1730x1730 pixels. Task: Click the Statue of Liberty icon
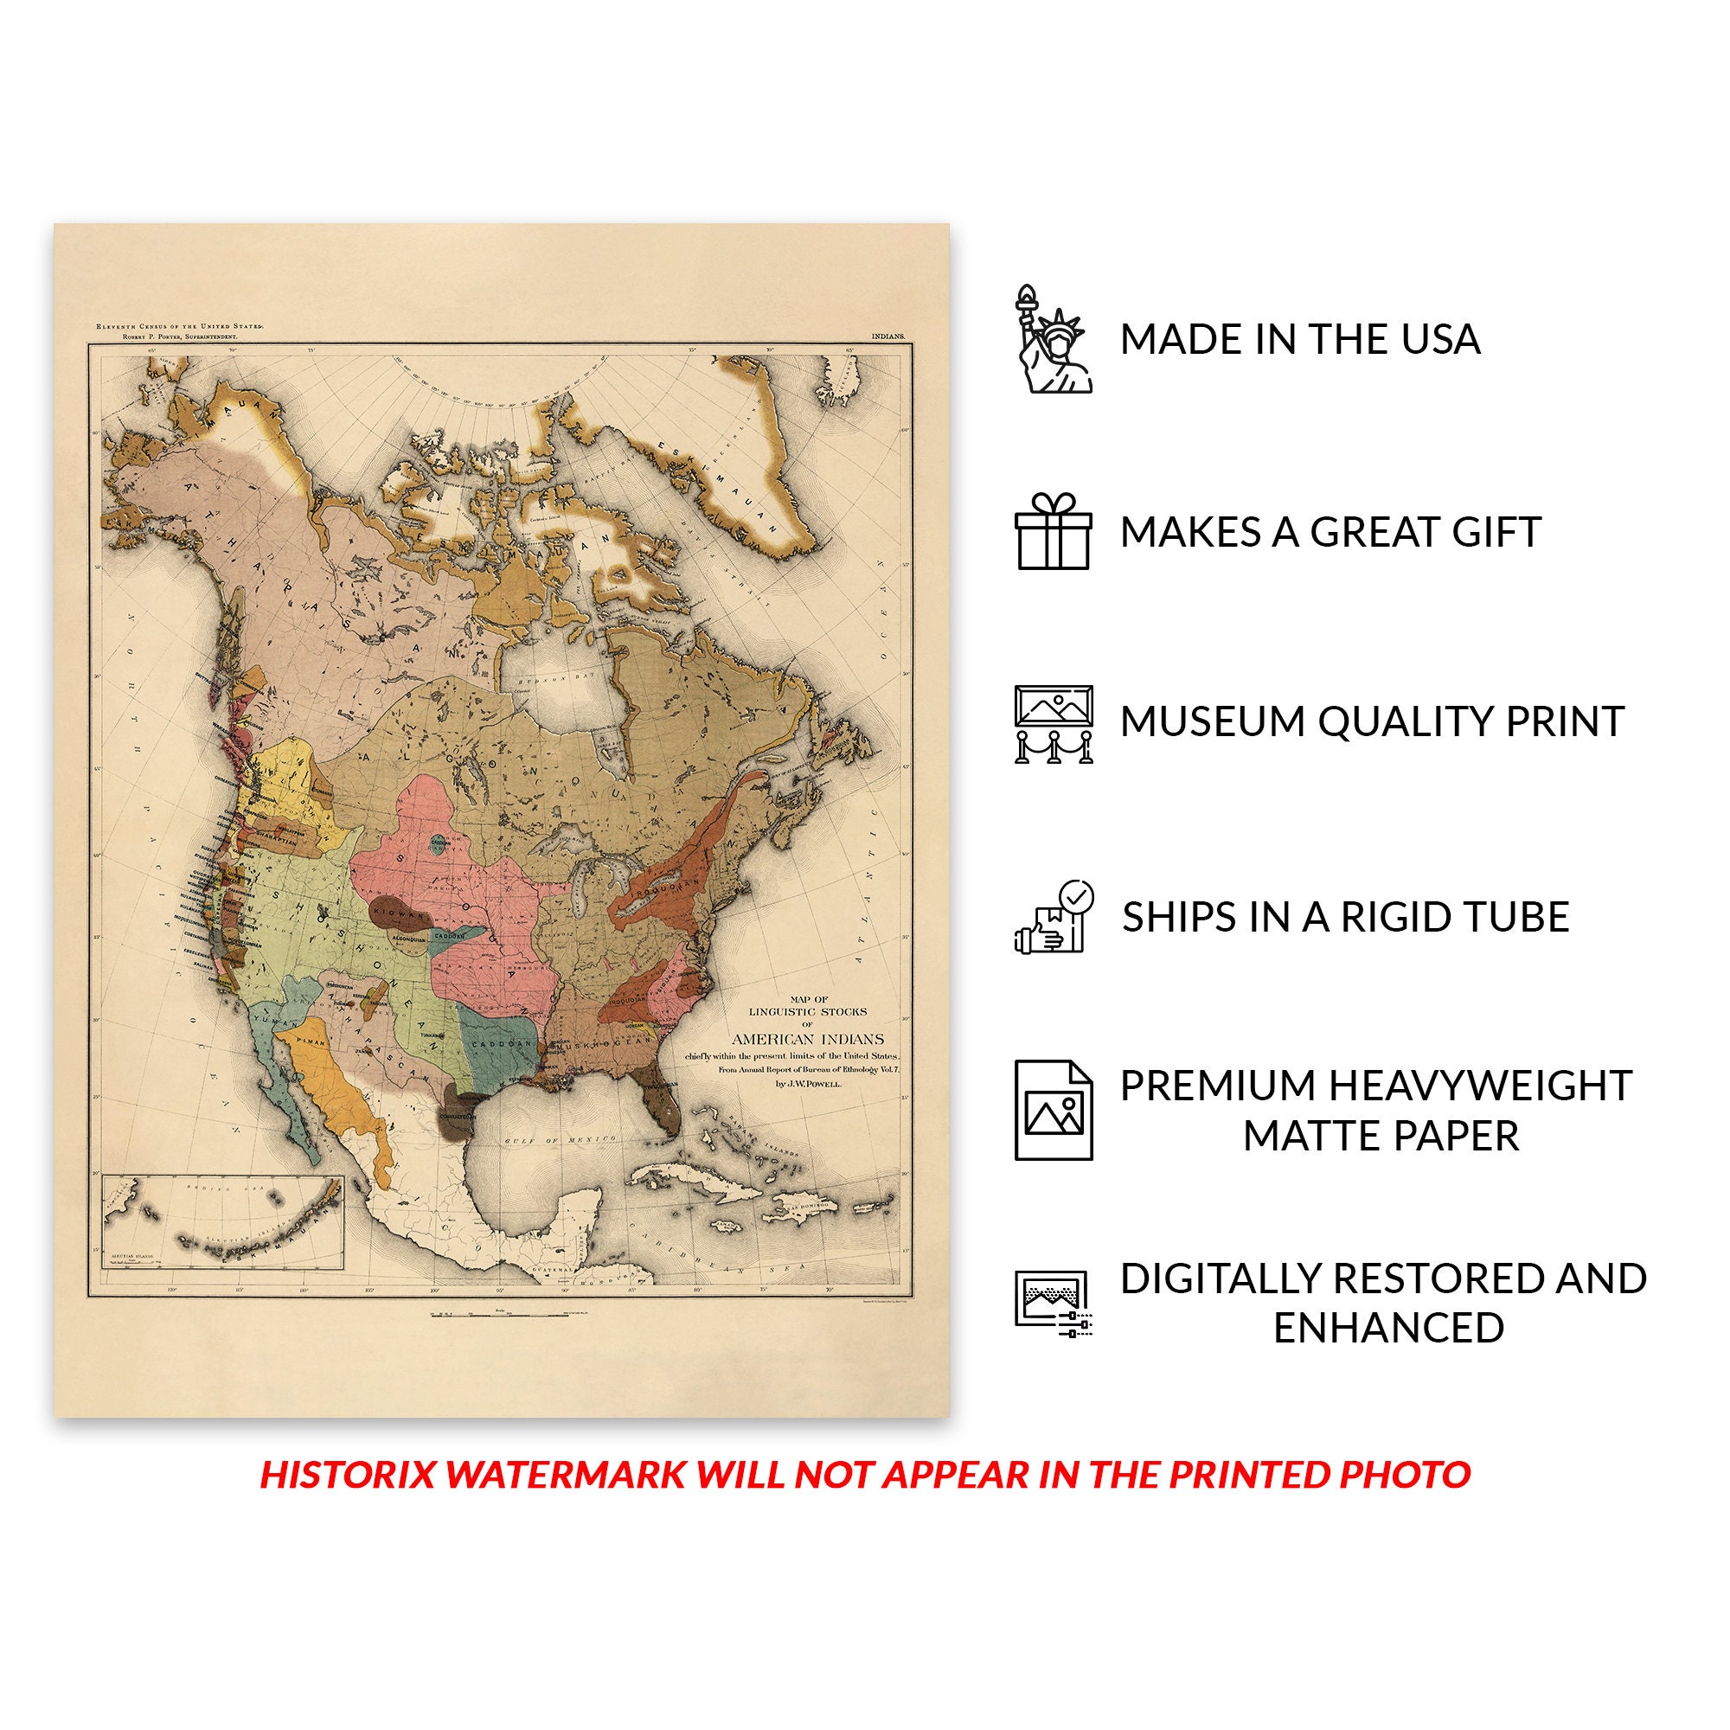[1053, 339]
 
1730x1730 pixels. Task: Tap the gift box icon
[1053, 531]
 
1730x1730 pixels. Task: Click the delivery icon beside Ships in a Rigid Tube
[1053, 917]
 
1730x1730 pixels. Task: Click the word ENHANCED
[1388, 1328]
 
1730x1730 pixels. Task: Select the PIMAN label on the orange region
[311, 1042]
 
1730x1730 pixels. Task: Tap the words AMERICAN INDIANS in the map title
[808, 1040]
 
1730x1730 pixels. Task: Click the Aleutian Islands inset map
[222, 1221]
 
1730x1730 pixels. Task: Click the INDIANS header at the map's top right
[888, 336]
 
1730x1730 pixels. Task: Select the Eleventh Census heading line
[180, 327]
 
